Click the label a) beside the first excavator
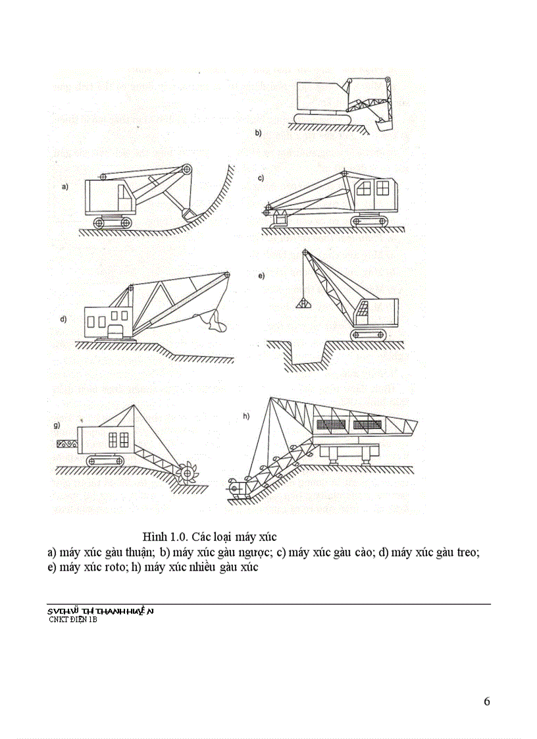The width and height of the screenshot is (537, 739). (64, 187)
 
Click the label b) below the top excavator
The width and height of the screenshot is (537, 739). (258, 132)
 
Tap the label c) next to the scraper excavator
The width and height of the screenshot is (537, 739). (261, 178)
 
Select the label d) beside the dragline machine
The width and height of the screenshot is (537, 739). (64, 320)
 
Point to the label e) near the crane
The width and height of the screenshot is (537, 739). (261, 276)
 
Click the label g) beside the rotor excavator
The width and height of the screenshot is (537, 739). (57, 426)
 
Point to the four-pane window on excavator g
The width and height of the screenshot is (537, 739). (118, 439)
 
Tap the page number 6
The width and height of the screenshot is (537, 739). (486, 701)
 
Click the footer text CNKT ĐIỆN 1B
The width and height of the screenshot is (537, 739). (73, 619)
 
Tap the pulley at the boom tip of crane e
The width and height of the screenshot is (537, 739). (305, 253)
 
